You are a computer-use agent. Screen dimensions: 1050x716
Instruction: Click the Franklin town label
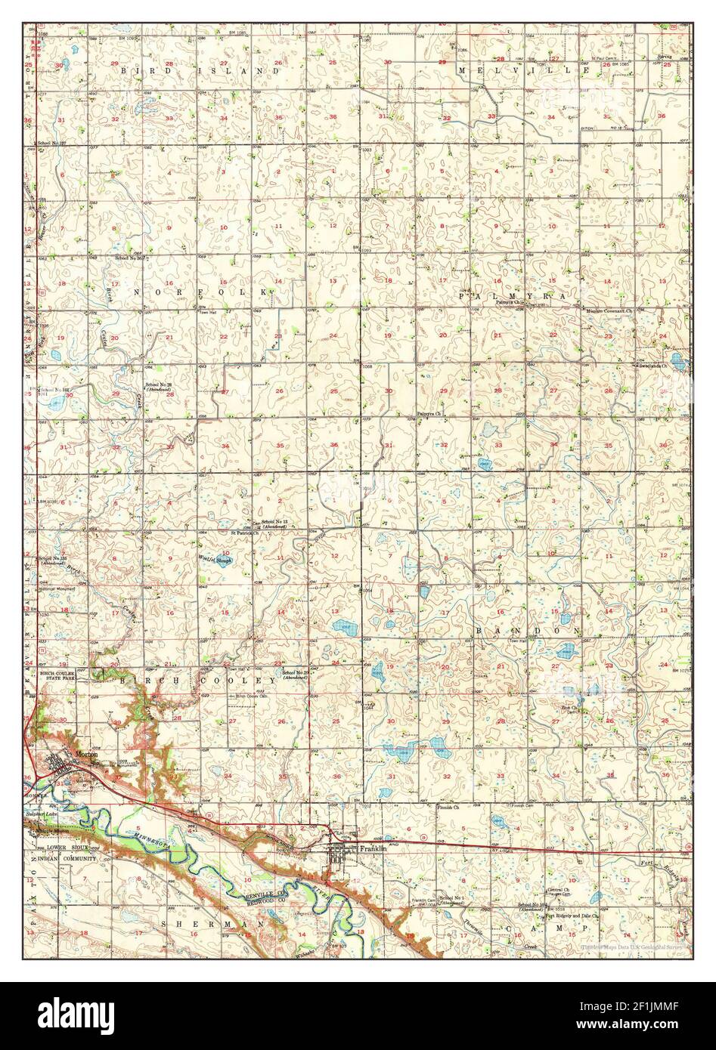tap(373, 848)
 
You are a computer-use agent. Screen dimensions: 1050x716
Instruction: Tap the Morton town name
tap(85, 755)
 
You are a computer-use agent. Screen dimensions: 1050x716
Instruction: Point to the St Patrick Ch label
tap(245, 533)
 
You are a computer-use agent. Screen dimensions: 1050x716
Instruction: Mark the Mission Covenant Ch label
tap(613, 310)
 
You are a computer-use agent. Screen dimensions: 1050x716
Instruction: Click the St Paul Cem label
tap(605, 58)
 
